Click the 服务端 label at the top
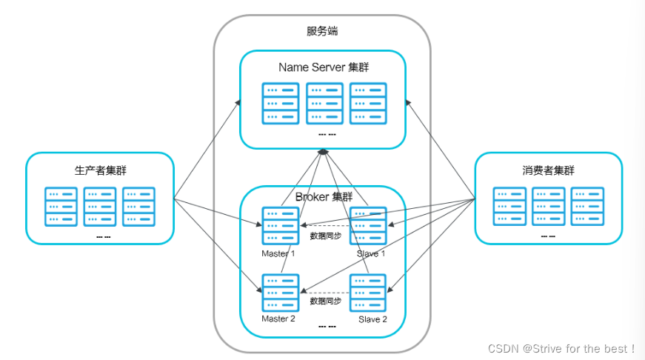click(323, 31)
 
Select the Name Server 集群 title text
click(323, 67)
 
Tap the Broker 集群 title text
click(324, 197)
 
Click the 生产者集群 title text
click(100, 170)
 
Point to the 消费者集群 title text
click(548, 170)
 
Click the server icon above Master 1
click(280, 226)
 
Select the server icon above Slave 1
click(368, 226)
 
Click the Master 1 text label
click(278, 253)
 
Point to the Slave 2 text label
click(372, 319)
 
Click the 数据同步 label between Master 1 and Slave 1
click(325, 236)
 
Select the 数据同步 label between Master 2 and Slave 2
click(325, 301)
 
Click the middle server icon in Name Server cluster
click(324, 103)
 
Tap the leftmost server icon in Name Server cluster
click(280, 103)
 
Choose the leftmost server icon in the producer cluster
click(61, 207)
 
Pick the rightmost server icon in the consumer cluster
click(588, 207)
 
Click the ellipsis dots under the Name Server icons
click(327, 134)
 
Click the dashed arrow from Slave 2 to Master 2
click(324, 291)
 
